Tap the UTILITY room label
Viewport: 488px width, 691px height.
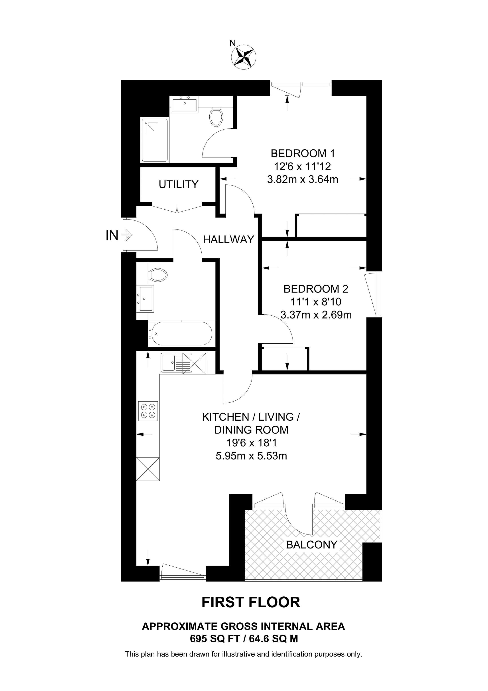coord(179,184)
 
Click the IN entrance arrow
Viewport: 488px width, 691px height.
coord(126,235)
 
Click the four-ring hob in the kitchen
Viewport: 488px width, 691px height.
coord(148,411)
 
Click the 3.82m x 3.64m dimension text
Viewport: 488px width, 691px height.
coord(303,180)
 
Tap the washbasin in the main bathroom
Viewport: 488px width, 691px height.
coord(146,298)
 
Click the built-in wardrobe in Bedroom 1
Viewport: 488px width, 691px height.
coord(331,226)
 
